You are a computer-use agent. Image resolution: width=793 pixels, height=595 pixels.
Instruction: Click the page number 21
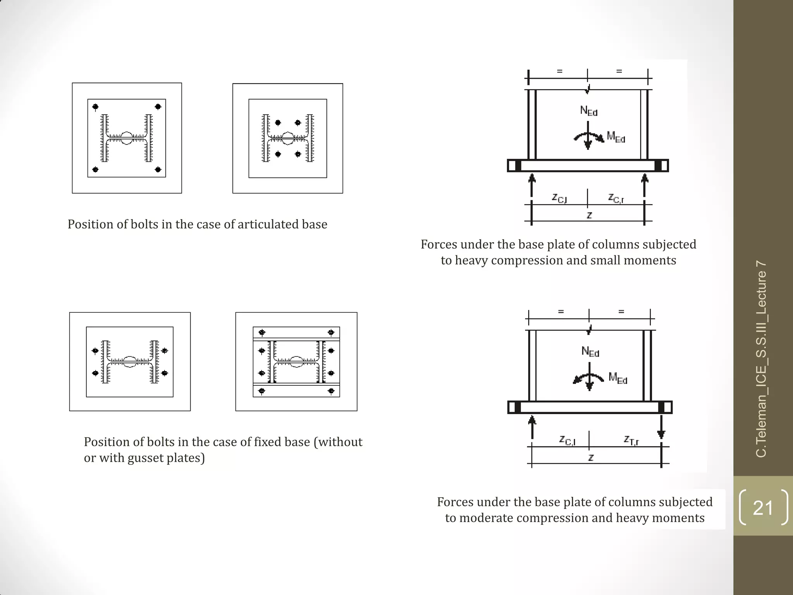[762, 507]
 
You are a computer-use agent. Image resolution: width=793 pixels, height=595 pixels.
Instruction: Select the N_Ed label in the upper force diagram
[589, 111]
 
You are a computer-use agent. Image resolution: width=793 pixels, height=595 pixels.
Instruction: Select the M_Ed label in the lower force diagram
[618, 378]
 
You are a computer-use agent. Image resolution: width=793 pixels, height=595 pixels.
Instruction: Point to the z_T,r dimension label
[631, 440]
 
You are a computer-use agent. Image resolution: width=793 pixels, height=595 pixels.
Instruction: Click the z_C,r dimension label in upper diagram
[616, 198]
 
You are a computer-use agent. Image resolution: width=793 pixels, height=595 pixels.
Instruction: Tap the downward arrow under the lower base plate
[661, 428]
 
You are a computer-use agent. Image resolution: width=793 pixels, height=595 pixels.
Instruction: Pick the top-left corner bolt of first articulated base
[95, 107]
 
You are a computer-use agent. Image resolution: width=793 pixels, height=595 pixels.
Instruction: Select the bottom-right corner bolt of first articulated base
[158, 169]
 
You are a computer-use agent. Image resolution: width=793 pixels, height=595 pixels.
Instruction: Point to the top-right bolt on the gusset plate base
[331, 333]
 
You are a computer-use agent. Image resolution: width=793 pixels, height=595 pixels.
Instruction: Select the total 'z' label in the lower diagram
[591, 458]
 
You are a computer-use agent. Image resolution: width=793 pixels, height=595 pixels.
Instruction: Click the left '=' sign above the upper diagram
[560, 71]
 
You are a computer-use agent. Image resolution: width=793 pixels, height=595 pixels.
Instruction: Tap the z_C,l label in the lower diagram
[568, 440]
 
